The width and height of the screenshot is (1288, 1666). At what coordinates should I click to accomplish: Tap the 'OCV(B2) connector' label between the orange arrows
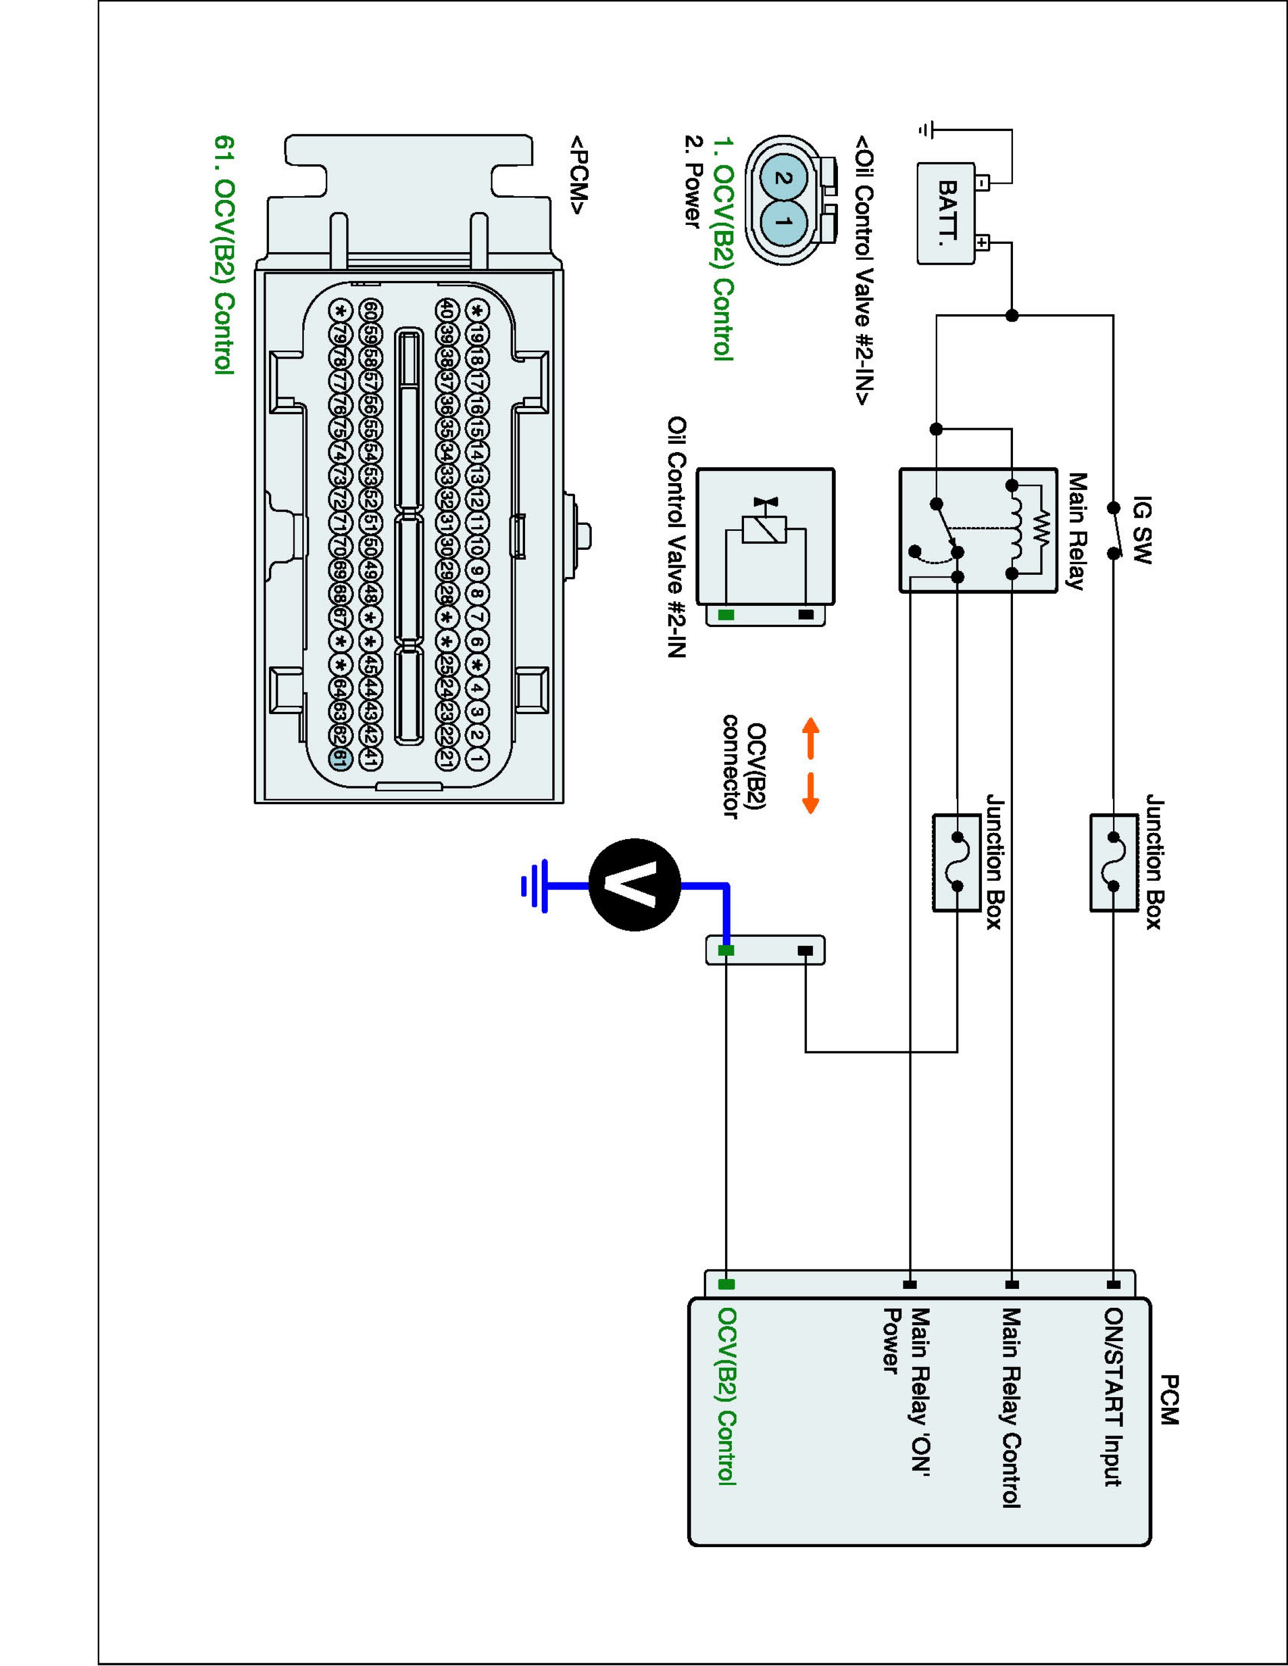tap(744, 766)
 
